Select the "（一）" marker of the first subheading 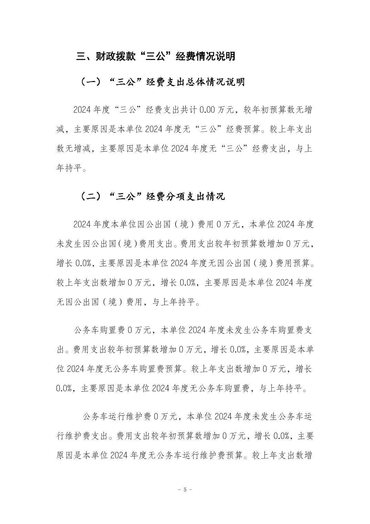[90, 82]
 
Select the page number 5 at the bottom [185, 490]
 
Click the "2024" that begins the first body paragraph [82, 110]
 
